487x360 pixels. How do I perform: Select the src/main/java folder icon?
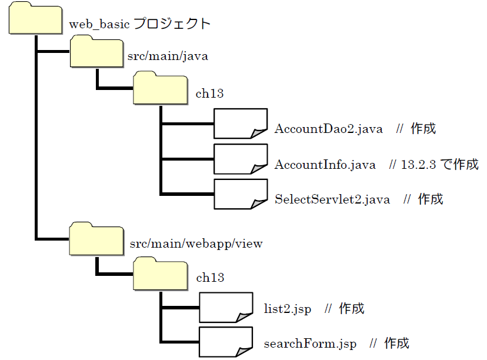[96, 53]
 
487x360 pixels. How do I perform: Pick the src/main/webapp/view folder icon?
[96, 239]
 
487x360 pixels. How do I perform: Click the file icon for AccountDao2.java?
[240, 124]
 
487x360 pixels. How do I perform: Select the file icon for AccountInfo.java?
[240, 159]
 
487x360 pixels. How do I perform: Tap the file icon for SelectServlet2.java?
[240, 194]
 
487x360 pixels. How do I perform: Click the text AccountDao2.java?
[328, 129]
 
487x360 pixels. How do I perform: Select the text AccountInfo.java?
[325, 165]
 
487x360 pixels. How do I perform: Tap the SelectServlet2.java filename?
[332, 199]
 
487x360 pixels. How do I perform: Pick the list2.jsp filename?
[288, 309]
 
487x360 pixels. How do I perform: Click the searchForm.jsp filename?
[310, 344]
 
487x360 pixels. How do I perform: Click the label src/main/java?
[168, 57]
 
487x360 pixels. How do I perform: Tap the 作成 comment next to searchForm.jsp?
[396, 343]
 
